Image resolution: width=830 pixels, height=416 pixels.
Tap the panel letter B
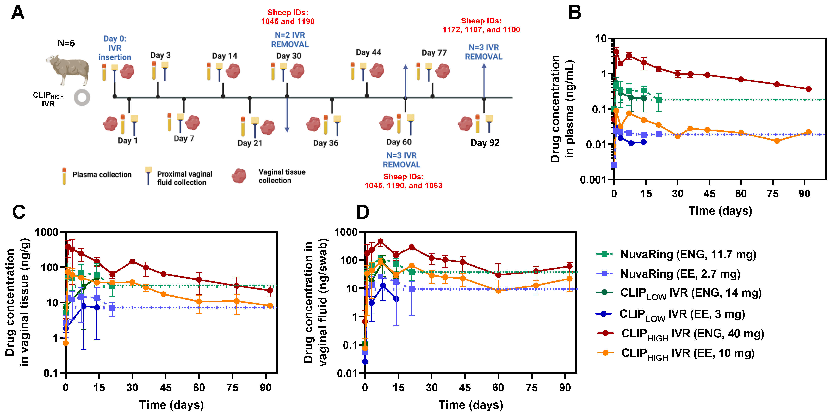pyautogui.click(x=574, y=13)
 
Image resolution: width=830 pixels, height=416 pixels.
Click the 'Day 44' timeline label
pyautogui.click(x=368, y=52)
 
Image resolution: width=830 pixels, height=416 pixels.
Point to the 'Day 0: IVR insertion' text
pyautogui.click(x=115, y=48)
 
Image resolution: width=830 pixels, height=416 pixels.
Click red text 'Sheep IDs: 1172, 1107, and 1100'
pyautogui.click(x=481, y=25)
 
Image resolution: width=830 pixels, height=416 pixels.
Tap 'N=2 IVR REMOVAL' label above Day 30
pyautogui.click(x=290, y=40)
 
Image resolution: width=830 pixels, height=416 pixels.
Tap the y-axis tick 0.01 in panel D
pyautogui.click(x=347, y=373)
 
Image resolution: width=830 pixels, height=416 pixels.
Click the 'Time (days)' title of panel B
pyautogui.click(x=720, y=211)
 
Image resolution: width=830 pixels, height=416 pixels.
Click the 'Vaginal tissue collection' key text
pyautogui.click(x=282, y=176)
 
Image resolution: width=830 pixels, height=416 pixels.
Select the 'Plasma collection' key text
pyautogui.click(x=102, y=175)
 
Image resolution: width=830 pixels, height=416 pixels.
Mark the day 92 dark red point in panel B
pyautogui.click(x=808, y=89)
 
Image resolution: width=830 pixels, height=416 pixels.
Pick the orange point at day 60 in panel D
pyautogui.click(x=498, y=290)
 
